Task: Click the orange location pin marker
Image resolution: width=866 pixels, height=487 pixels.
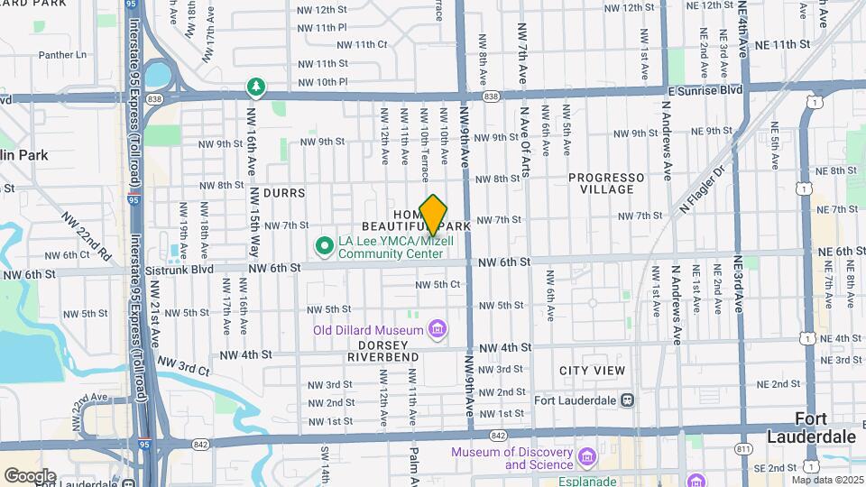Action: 434,215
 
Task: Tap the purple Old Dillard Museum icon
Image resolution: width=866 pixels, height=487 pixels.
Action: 438,328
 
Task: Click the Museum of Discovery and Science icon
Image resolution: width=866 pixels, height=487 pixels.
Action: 588,458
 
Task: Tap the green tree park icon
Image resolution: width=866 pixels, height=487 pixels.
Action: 257,87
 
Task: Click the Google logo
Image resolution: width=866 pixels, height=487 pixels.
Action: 30,475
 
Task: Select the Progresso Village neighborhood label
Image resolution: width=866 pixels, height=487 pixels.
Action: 606,183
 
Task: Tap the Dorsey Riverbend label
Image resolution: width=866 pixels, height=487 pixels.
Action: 388,351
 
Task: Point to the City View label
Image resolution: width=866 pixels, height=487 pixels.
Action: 592,371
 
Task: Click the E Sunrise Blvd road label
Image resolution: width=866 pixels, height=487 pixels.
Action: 705,90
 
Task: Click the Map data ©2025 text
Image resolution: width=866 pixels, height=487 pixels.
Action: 825,480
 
